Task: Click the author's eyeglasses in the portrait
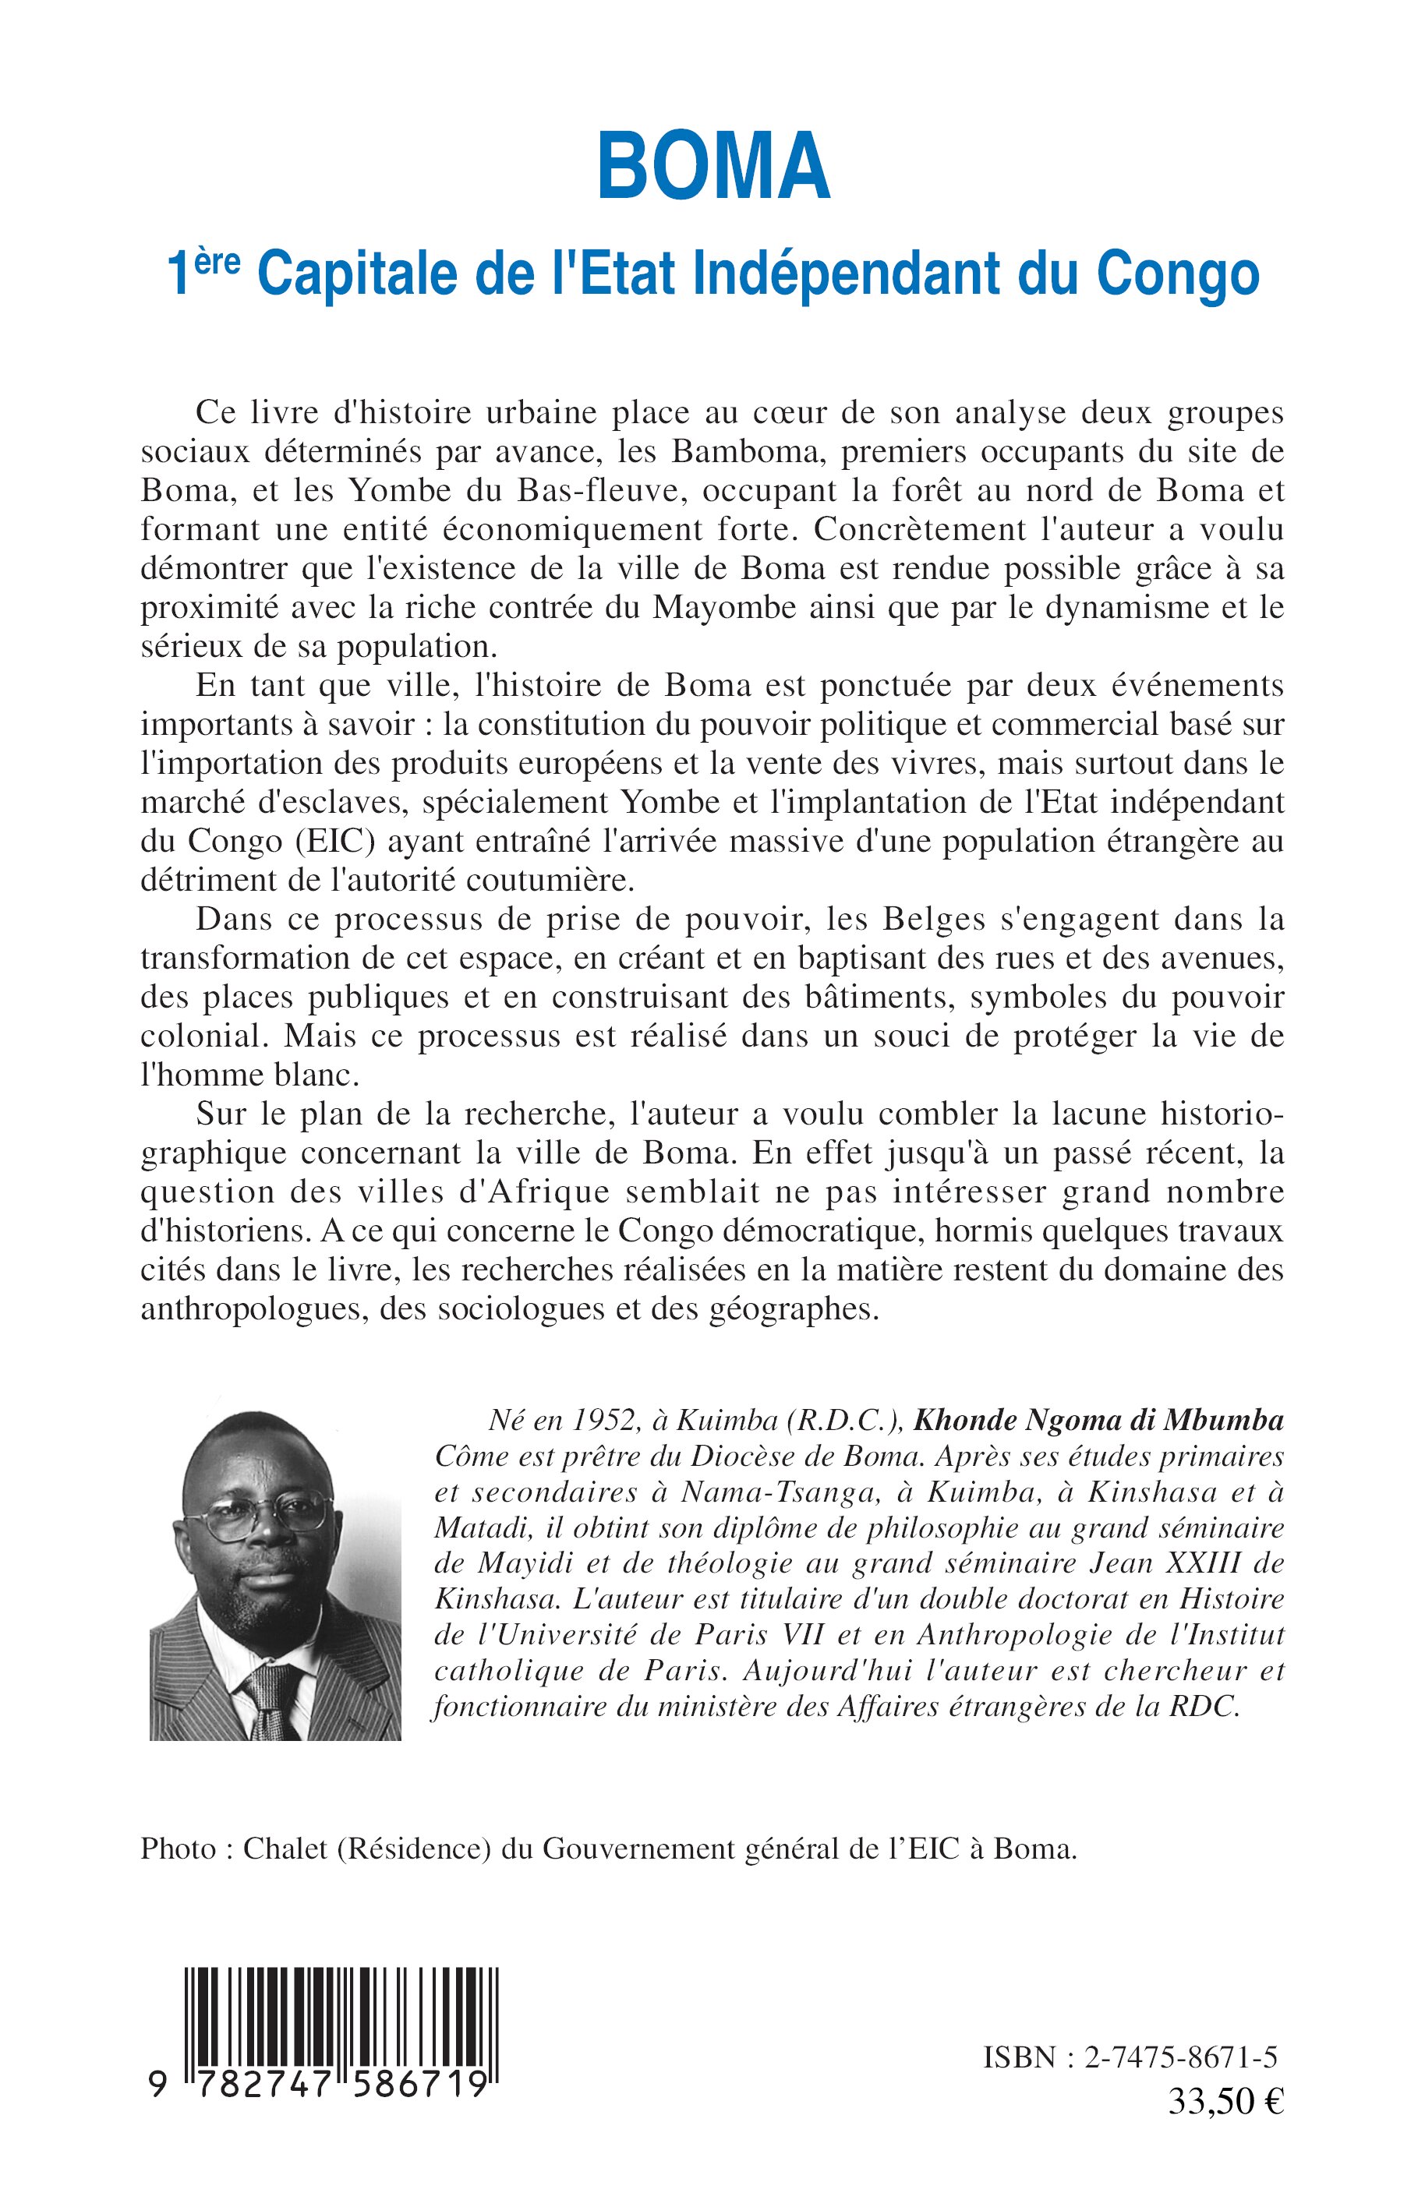pos(267,1518)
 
